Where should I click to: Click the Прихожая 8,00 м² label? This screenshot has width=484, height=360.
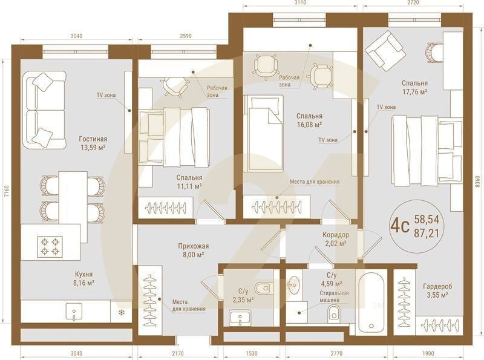pos(194,250)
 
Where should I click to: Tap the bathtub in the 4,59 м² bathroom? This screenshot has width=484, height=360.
pos(370,303)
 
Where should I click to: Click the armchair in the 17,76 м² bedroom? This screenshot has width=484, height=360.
pos(382,51)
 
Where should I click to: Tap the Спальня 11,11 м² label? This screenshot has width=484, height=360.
pos(189,182)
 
